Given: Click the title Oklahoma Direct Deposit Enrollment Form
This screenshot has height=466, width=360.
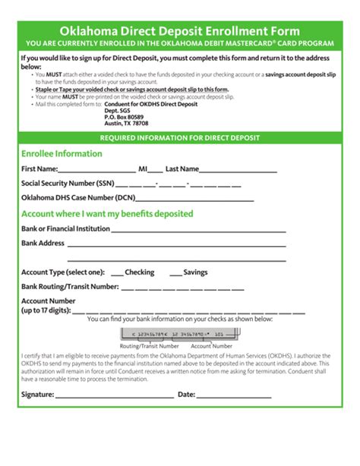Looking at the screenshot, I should pyautogui.click(x=180, y=31).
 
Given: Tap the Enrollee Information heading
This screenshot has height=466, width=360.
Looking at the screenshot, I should pyautogui.click(x=62, y=153).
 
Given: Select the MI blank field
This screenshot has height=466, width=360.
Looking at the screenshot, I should pyautogui.click(x=156, y=171).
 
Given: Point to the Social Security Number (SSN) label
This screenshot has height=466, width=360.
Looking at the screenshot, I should pyautogui.click(x=68, y=184).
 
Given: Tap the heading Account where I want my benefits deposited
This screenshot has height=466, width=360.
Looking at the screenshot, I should pyautogui.click(x=107, y=214).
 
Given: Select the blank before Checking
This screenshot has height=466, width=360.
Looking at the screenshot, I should pyautogui.click(x=117, y=274).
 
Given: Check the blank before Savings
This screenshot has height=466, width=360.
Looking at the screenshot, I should pyautogui.click(x=175, y=274).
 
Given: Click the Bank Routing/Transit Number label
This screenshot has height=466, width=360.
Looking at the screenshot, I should pyautogui.click(x=70, y=287).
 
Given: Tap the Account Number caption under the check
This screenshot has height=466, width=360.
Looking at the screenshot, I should pyautogui.click(x=211, y=346).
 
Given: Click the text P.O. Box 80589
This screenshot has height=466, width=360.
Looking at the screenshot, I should pyautogui.click(x=124, y=117).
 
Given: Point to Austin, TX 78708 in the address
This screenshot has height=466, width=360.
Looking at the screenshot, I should pyautogui.click(x=126, y=124).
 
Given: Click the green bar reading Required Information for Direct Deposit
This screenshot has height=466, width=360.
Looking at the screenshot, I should pyautogui.click(x=180, y=138).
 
